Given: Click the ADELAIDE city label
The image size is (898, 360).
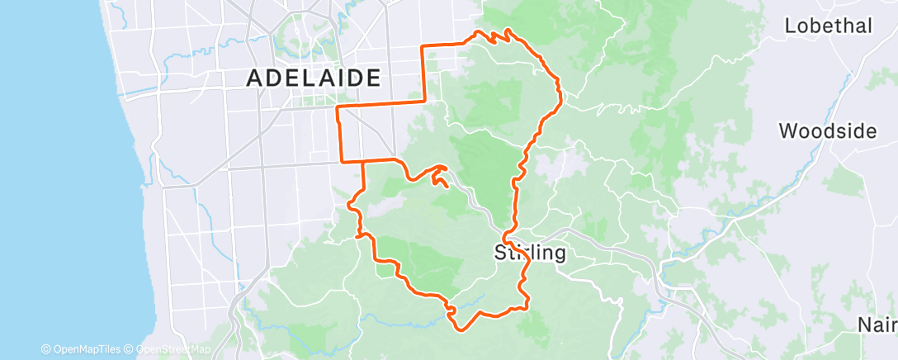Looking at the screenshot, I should click(314, 78).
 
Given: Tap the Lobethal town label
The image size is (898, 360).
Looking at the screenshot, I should click(828, 26).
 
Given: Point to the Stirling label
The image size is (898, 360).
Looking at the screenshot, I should click(530, 253).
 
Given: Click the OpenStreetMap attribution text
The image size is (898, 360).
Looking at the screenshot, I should click(168, 349).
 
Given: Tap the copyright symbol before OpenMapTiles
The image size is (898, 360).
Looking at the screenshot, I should click(45, 349).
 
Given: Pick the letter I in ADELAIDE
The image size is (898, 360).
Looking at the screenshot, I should click(335, 78).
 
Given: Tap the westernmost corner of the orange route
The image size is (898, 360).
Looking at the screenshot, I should click(338, 107).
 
